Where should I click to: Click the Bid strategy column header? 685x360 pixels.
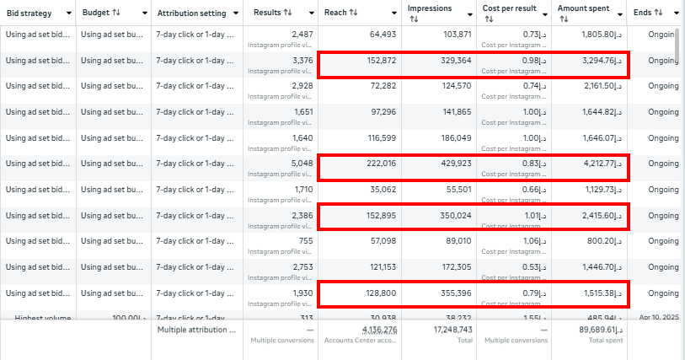[x=29, y=13]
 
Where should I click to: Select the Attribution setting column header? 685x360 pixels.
[x=191, y=13]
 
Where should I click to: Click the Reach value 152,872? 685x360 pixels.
[x=378, y=61]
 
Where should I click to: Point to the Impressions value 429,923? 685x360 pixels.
[x=452, y=164]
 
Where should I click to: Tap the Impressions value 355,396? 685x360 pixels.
[x=452, y=293]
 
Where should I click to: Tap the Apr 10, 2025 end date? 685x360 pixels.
[x=656, y=318]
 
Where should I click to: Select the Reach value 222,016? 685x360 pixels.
[x=378, y=164]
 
